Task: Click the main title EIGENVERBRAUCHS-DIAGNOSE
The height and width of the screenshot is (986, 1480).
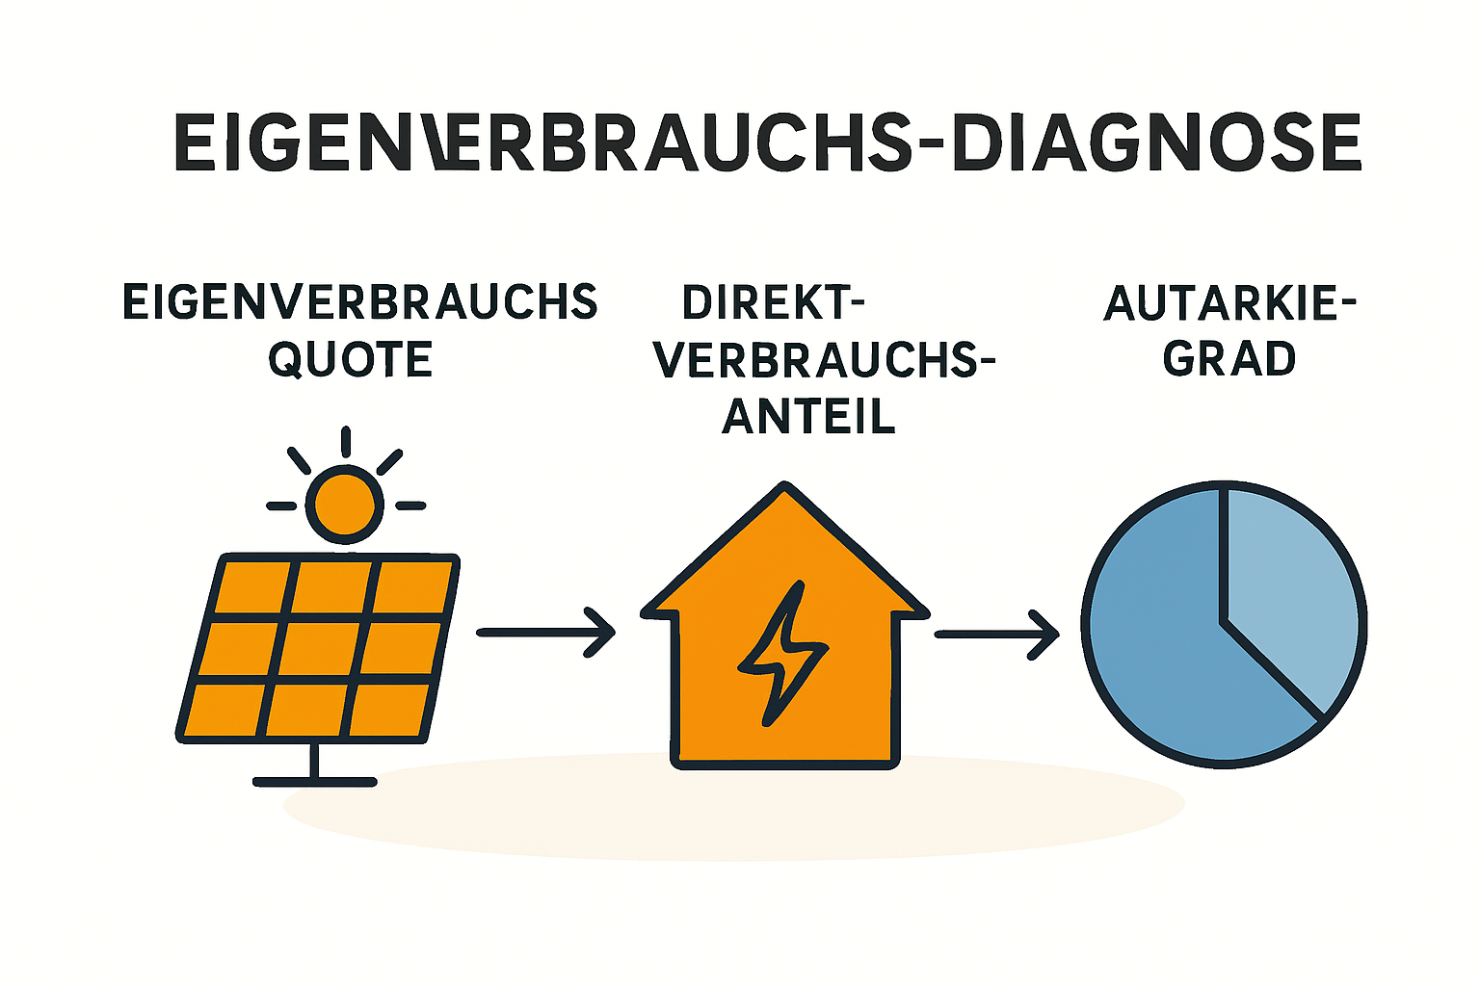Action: click(x=767, y=143)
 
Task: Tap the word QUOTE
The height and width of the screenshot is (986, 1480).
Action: click(x=350, y=360)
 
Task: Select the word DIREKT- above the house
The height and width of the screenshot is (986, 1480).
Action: click(x=773, y=303)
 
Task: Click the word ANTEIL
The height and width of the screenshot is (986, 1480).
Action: click(x=808, y=417)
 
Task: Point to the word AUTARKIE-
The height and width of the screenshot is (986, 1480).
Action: click(x=1229, y=303)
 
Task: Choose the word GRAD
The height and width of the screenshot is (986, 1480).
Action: click(x=1229, y=359)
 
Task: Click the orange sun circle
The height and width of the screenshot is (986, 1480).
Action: click(x=345, y=505)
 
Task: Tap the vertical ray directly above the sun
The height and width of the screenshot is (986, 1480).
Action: click(x=346, y=442)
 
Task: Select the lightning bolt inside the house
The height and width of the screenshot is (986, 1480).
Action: click(x=782, y=653)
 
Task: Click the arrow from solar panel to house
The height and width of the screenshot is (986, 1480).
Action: click(x=545, y=633)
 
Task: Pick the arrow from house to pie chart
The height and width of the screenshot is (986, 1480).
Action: click(x=997, y=635)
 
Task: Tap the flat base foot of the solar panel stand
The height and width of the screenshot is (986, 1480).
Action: click(x=314, y=782)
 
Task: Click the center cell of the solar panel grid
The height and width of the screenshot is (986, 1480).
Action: click(x=321, y=650)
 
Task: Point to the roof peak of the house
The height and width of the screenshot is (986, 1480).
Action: click(x=784, y=485)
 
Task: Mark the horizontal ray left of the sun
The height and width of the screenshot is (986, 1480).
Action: click(x=281, y=506)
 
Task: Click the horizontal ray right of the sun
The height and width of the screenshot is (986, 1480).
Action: click(x=410, y=506)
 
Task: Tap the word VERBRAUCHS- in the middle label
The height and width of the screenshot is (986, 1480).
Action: click(x=825, y=360)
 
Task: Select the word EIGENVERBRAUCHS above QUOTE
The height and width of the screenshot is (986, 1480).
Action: click(x=360, y=302)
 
